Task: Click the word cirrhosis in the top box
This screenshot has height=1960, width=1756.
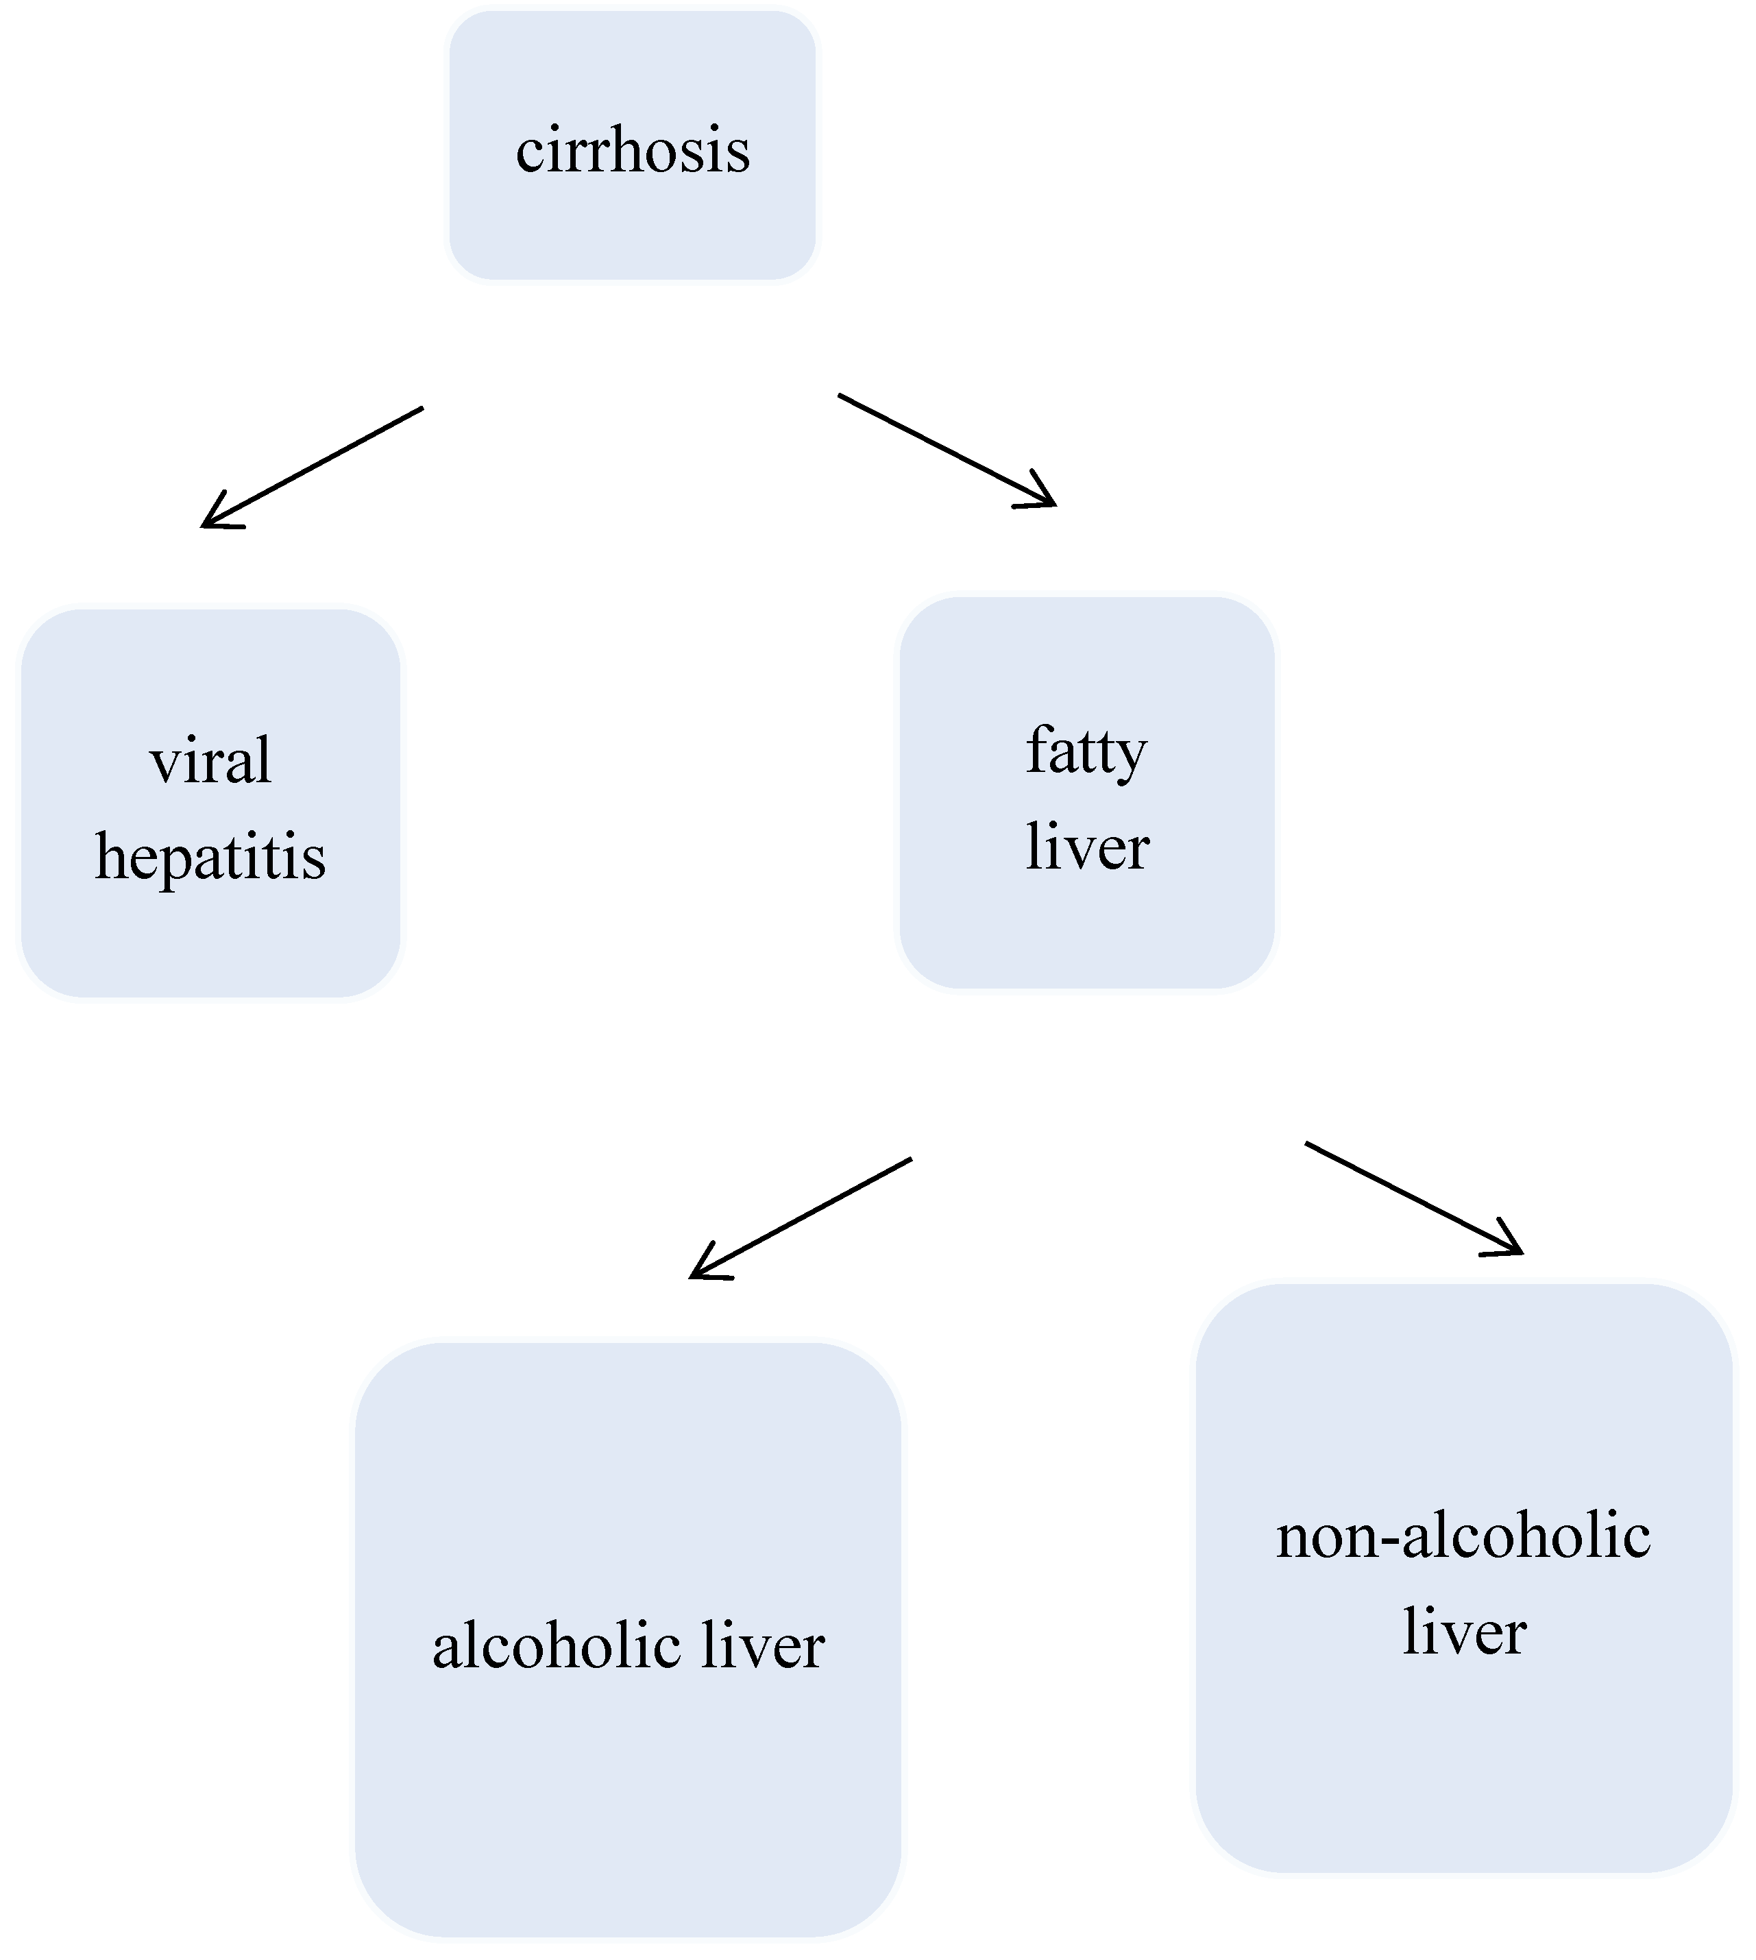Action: point(633,152)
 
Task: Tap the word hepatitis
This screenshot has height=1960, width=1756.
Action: point(210,858)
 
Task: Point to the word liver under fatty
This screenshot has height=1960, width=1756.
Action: point(1087,847)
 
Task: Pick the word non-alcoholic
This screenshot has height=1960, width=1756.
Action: point(1463,1536)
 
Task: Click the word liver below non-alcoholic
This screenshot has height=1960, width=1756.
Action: point(1463,1632)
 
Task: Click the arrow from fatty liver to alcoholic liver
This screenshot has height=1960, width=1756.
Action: point(801,1218)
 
